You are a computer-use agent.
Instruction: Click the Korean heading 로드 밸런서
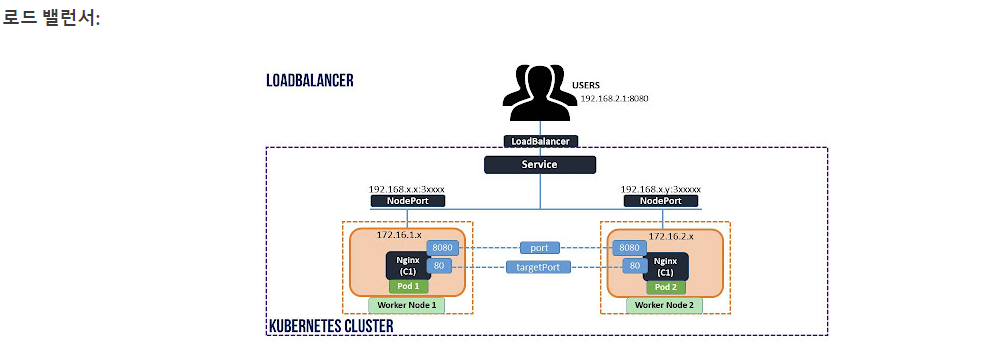click(51, 17)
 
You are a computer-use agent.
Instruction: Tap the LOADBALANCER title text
click(309, 81)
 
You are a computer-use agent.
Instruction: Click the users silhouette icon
click(540, 92)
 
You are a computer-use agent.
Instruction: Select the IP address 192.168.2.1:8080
click(614, 99)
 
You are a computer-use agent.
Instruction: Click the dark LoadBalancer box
click(540, 141)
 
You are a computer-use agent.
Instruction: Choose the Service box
click(540, 164)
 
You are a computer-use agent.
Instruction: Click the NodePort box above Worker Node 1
click(407, 201)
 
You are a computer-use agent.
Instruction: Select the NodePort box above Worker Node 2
click(661, 201)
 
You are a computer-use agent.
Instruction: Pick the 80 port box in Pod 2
click(632, 266)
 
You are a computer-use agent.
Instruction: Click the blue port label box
click(540, 248)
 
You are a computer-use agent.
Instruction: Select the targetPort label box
click(540, 267)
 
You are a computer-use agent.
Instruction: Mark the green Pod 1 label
click(408, 286)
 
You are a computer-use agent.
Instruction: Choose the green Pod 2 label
click(666, 287)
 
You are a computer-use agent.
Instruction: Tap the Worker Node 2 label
click(664, 305)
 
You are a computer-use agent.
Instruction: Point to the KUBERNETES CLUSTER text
click(331, 326)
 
